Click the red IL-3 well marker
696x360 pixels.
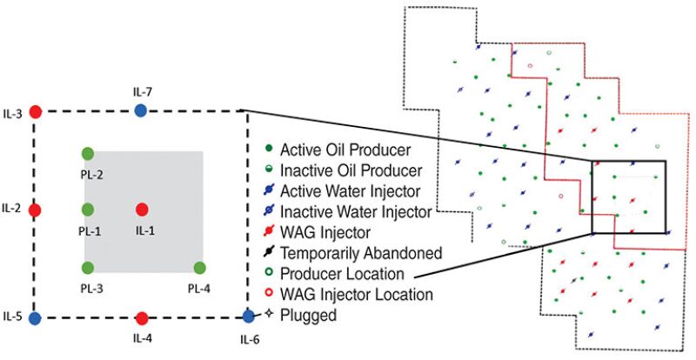[x=36, y=111]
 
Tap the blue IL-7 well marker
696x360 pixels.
[x=141, y=110]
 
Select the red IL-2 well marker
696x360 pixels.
[x=36, y=210]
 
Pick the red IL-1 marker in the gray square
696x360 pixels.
[x=143, y=210]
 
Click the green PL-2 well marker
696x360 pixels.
[x=88, y=154]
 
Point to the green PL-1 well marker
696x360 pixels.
[x=88, y=210]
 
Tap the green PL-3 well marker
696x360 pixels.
[x=88, y=268]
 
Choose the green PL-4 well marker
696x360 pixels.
[x=199, y=268]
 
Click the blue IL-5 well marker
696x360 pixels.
[x=35, y=318]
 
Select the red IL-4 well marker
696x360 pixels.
[x=143, y=318]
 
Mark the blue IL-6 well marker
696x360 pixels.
[x=248, y=317]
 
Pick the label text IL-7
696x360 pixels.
[x=141, y=90]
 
